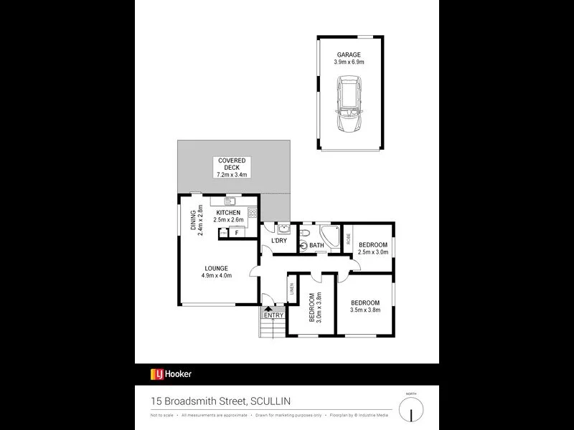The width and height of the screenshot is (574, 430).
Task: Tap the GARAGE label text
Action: pyautogui.click(x=350, y=54)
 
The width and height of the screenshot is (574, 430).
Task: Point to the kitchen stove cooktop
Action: pyautogui.click(x=253, y=213)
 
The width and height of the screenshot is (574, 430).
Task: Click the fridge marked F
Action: pyautogui.click(x=236, y=233)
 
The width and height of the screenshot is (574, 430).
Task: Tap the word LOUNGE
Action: pyautogui.click(x=216, y=269)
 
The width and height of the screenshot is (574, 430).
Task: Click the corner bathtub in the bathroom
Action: pyautogui.click(x=331, y=235)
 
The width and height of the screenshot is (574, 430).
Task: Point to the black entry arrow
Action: pyautogui.click(x=269, y=309)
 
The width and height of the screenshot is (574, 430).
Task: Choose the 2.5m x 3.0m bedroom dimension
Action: pyautogui.click(x=373, y=252)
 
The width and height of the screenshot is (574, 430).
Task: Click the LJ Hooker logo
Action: pyautogui.click(x=171, y=373)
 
